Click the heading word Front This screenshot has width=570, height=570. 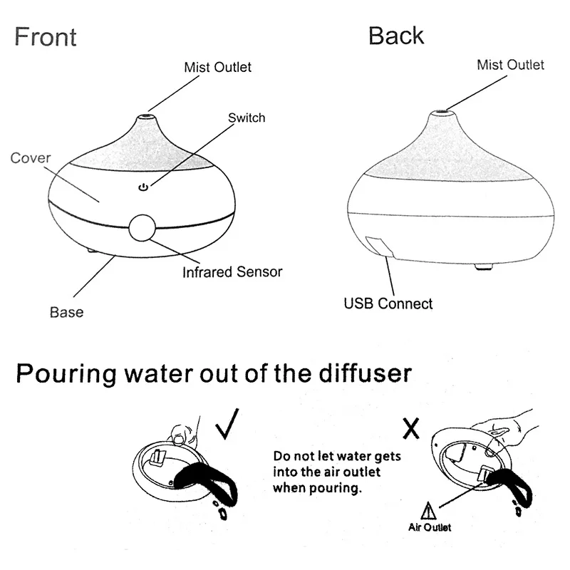click(45, 36)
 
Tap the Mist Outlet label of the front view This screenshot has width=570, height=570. click(217, 68)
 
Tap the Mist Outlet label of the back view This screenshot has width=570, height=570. click(510, 65)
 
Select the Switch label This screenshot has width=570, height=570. click(246, 118)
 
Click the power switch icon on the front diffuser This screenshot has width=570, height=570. click(143, 187)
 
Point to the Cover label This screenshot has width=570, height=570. click(30, 158)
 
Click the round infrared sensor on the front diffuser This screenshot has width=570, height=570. click(141, 228)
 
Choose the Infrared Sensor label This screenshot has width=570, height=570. click(232, 272)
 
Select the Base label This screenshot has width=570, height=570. click(66, 312)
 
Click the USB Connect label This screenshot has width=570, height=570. click(388, 304)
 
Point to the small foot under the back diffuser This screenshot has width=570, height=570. click(485, 266)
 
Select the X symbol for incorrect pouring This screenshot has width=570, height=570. click(410, 427)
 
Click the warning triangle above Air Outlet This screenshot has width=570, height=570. click(428, 511)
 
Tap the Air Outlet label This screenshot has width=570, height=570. click(429, 527)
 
